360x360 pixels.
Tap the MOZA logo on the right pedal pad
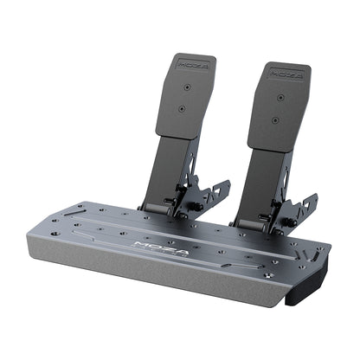click(286, 74)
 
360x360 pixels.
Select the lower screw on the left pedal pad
click(182, 109)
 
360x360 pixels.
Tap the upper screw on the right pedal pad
click(280, 97)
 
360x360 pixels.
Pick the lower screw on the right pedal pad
click(275, 119)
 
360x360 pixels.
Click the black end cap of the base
click(304, 289)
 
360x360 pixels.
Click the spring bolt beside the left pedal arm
click(194, 207)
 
